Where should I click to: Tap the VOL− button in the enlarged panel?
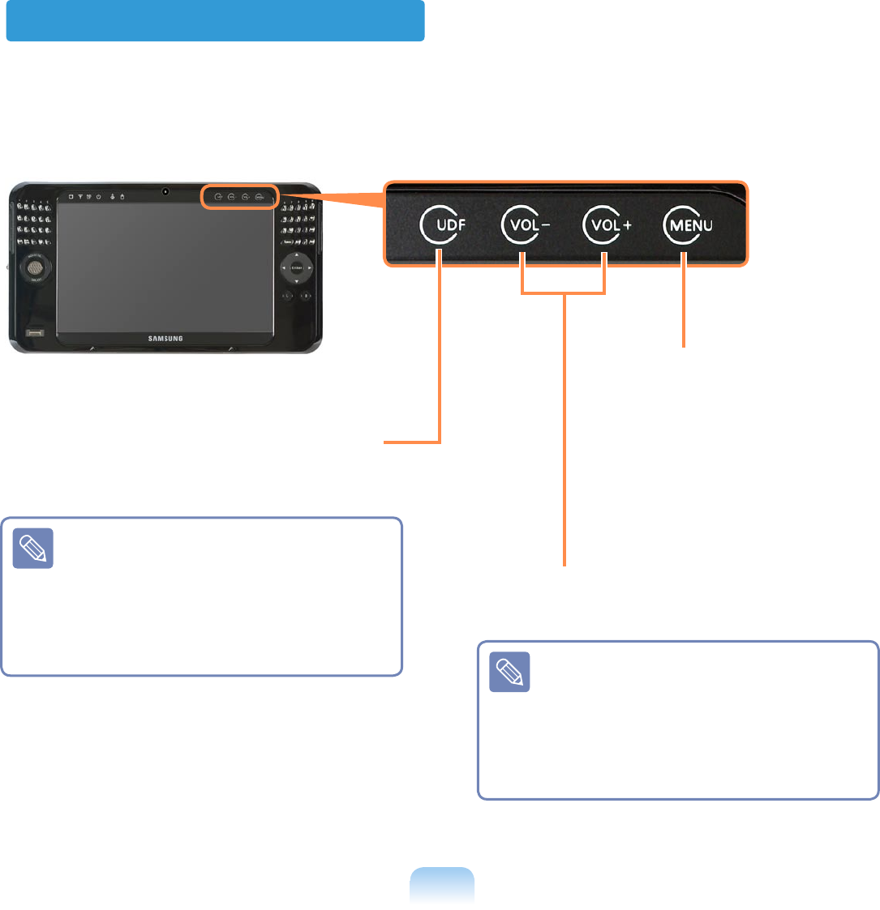(524, 226)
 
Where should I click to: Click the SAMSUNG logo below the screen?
(165, 338)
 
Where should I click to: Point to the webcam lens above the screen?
(165, 192)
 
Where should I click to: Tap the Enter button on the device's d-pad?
(297, 267)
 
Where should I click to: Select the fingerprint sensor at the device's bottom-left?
(34, 334)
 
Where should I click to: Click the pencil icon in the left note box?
(33, 549)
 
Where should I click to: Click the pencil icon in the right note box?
(509, 672)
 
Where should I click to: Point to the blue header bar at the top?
(215, 20)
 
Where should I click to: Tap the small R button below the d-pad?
(306, 297)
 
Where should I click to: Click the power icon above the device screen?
(98, 196)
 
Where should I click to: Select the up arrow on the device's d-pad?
(297, 254)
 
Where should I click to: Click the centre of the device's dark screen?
(165, 265)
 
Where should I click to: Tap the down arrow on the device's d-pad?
(297, 281)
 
